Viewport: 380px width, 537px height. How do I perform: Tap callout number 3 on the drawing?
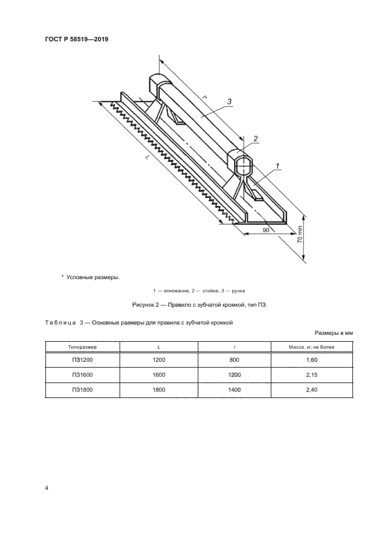pyautogui.click(x=229, y=102)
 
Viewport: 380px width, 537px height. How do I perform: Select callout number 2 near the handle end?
pyautogui.click(x=256, y=138)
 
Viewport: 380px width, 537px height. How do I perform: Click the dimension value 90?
pyautogui.click(x=266, y=229)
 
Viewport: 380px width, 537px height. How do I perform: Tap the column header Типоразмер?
pyautogui.click(x=82, y=347)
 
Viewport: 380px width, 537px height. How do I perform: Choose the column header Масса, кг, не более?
pyautogui.click(x=314, y=347)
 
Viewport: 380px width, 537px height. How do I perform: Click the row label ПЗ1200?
pyautogui.click(x=82, y=360)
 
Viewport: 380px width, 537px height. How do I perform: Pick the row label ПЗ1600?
pyautogui.click(x=82, y=374)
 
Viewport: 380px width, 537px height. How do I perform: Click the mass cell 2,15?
pyautogui.click(x=314, y=374)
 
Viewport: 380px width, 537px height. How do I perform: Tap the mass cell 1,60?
pyautogui.click(x=314, y=360)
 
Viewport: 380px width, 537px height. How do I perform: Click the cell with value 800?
pyautogui.click(x=236, y=360)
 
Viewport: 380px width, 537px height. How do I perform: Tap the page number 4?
pyautogui.click(x=47, y=488)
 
